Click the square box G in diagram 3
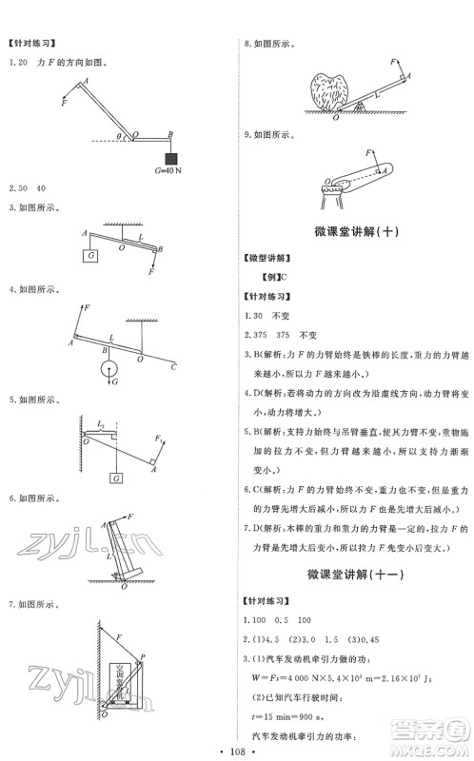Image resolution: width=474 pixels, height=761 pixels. tap(90, 255)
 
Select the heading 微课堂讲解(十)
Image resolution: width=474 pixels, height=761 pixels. tap(355, 231)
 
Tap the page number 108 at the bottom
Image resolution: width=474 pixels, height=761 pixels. tap(237, 748)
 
